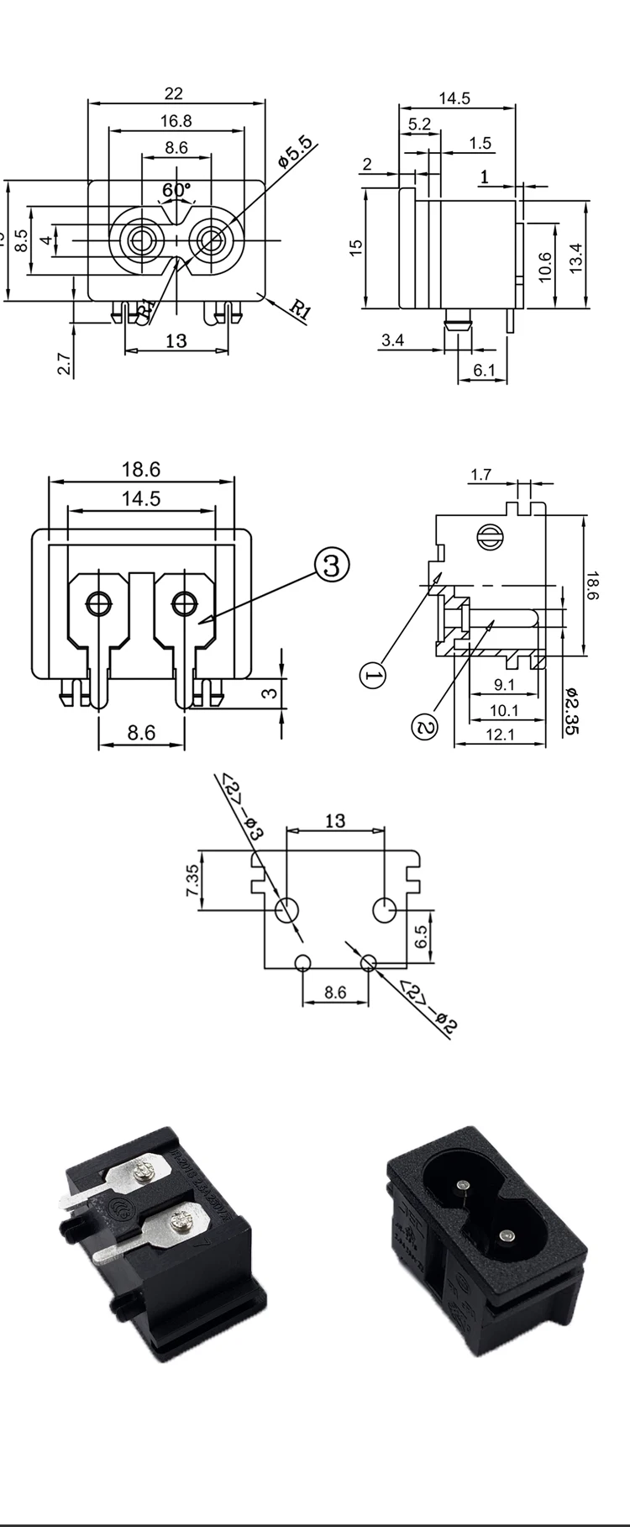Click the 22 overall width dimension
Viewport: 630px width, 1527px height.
173,93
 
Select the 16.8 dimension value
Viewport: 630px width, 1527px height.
176,121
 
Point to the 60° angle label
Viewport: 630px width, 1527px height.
176,190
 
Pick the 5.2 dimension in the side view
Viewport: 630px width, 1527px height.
419,124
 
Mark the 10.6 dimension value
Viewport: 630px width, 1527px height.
543,266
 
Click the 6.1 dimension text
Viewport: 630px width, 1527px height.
485,370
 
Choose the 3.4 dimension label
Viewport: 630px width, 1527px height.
392,340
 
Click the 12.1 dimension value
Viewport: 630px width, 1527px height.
499,735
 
